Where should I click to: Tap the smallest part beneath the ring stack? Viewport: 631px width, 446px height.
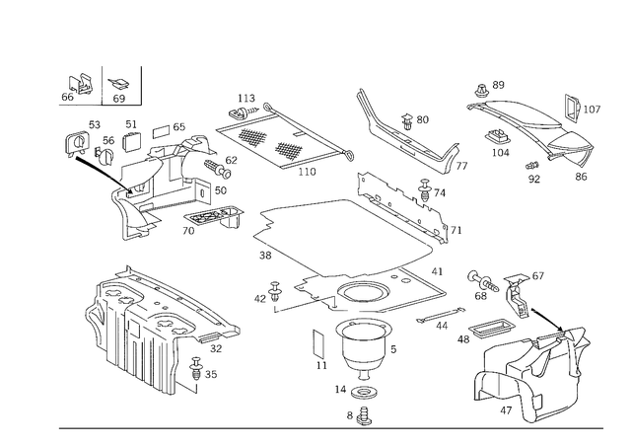(x=363, y=414)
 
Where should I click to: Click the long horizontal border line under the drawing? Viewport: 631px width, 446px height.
(x=325, y=428)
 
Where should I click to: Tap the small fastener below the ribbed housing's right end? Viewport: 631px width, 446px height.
(x=202, y=373)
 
